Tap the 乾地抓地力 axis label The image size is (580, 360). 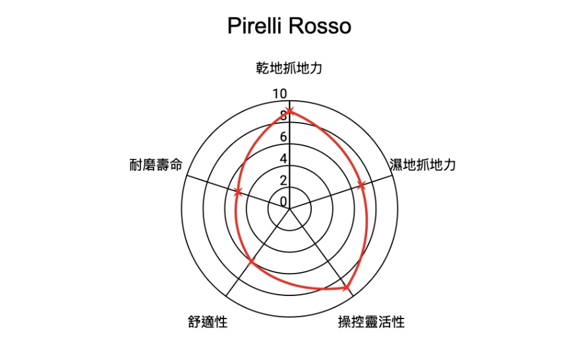(x=289, y=68)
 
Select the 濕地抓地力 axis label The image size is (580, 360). (x=423, y=165)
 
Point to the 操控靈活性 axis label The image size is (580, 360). (x=371, y=322)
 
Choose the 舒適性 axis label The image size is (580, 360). (x=208, y=322)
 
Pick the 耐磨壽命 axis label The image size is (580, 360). (x=156, y=165)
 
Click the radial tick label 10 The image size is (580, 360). (x=280, y=94)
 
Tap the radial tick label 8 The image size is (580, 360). (x=283, y=116)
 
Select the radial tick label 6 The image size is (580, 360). (x=283, y=137)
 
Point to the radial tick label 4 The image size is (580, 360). (x=283, y=159)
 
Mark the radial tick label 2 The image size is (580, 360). (x=283, y=180)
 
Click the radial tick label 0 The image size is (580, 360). (x=283, y=202)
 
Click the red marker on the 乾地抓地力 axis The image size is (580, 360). (x=289, y=110)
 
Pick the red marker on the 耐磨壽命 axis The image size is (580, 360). (x=238, y=192)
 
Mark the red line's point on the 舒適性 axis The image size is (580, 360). (x=251, y=263)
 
